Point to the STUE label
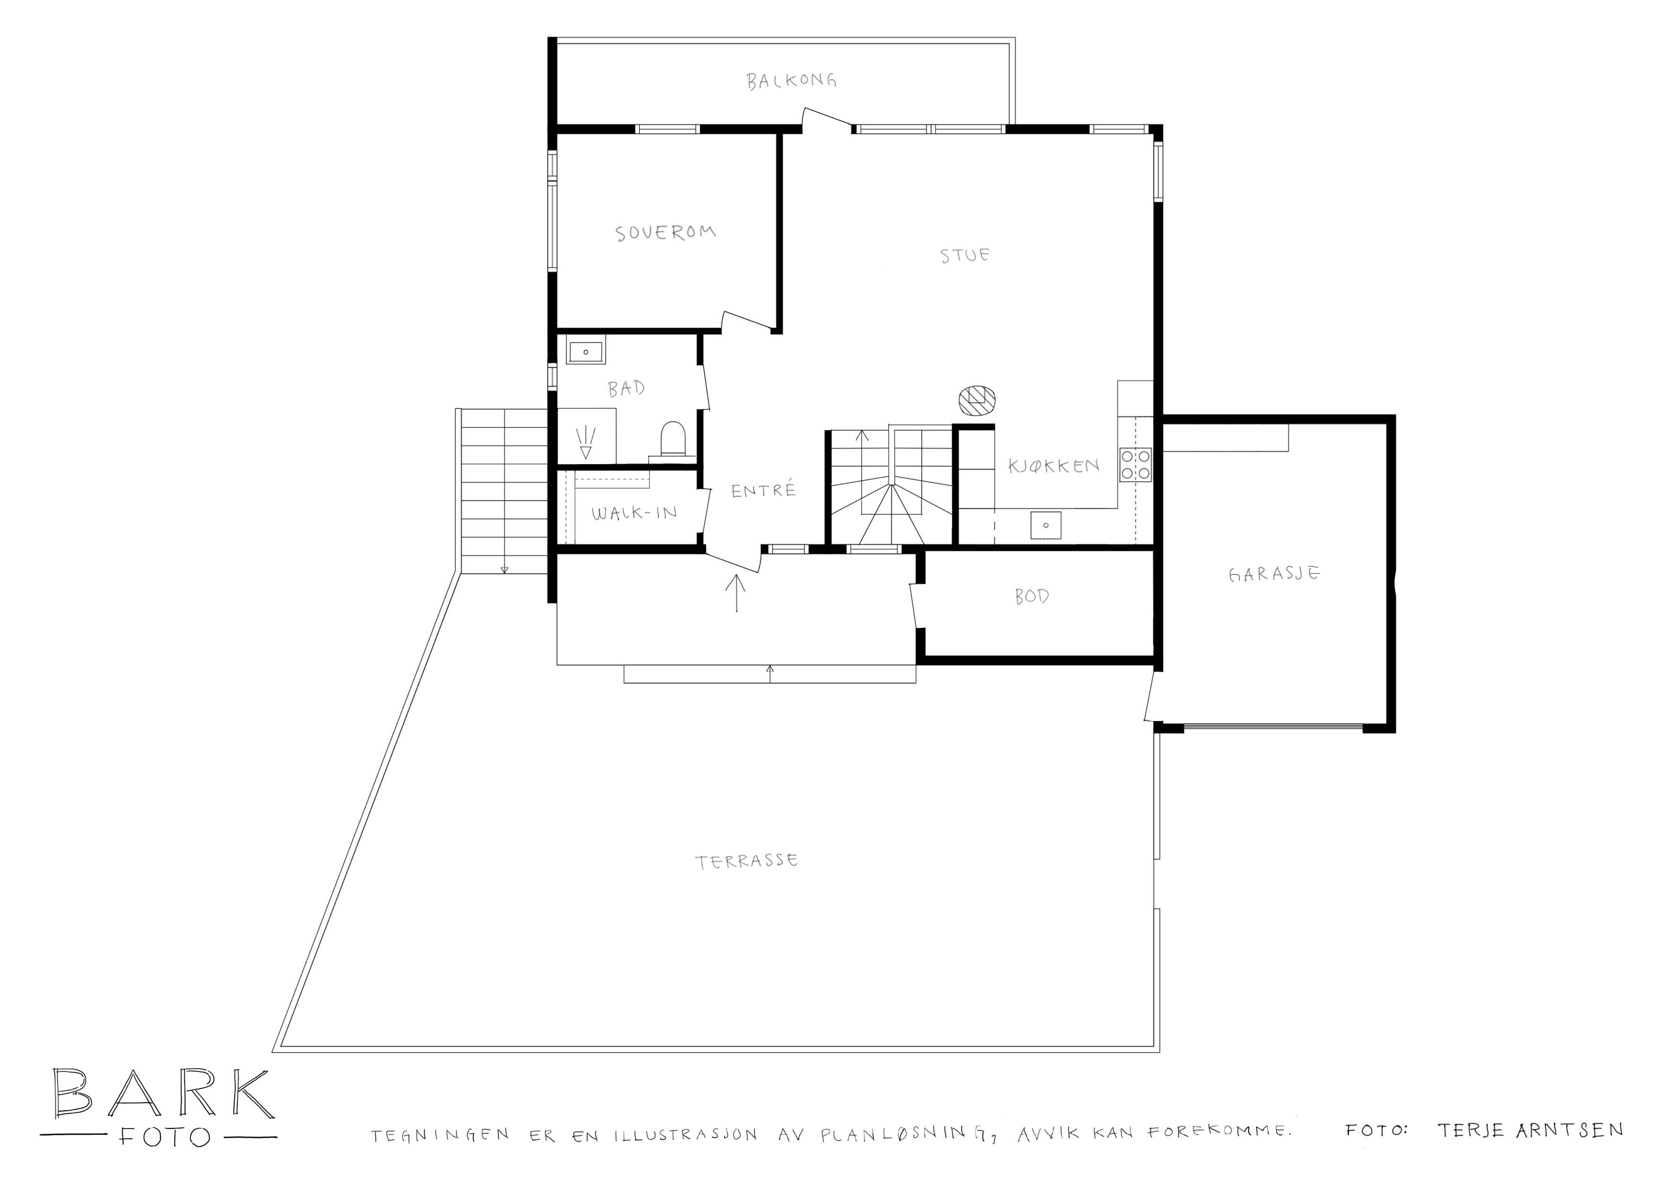pos(965,255)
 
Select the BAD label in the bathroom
pos(626,388)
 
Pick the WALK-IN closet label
pos(634,513)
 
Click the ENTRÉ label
pos(763,490)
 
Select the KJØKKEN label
pos(1054,466)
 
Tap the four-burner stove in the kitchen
pos(1136,465)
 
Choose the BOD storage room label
pos(1032,596)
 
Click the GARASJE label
pos(1274,574)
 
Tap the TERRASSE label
pos(747,862)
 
